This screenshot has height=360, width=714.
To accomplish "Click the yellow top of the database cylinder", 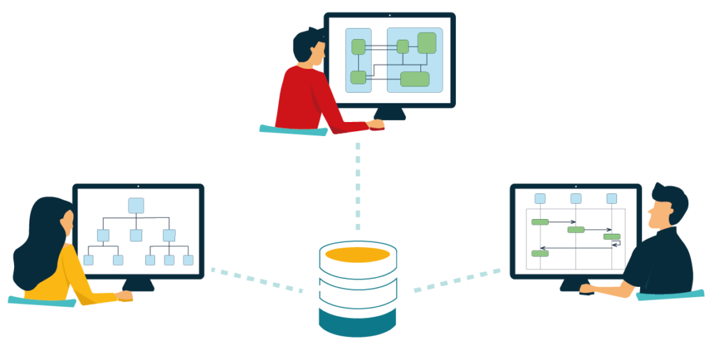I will (358, 255).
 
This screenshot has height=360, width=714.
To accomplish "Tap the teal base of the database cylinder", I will (358, 322).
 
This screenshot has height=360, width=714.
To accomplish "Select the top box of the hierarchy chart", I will (136, 206).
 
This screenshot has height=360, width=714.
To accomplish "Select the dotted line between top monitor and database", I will (358, 185).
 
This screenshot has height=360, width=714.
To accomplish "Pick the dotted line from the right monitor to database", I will (457, 279).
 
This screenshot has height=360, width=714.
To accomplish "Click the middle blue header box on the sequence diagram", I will (576, 199).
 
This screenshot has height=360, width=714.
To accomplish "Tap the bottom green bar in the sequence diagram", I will (540, 253).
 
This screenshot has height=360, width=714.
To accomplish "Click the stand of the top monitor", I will (390, 114).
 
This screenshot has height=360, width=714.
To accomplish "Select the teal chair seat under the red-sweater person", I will (293, 130).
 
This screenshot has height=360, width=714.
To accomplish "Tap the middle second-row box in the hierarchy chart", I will (136, 235).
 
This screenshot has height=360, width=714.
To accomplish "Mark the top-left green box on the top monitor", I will (358, 47).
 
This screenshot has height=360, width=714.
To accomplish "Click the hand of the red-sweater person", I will (376, 124).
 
